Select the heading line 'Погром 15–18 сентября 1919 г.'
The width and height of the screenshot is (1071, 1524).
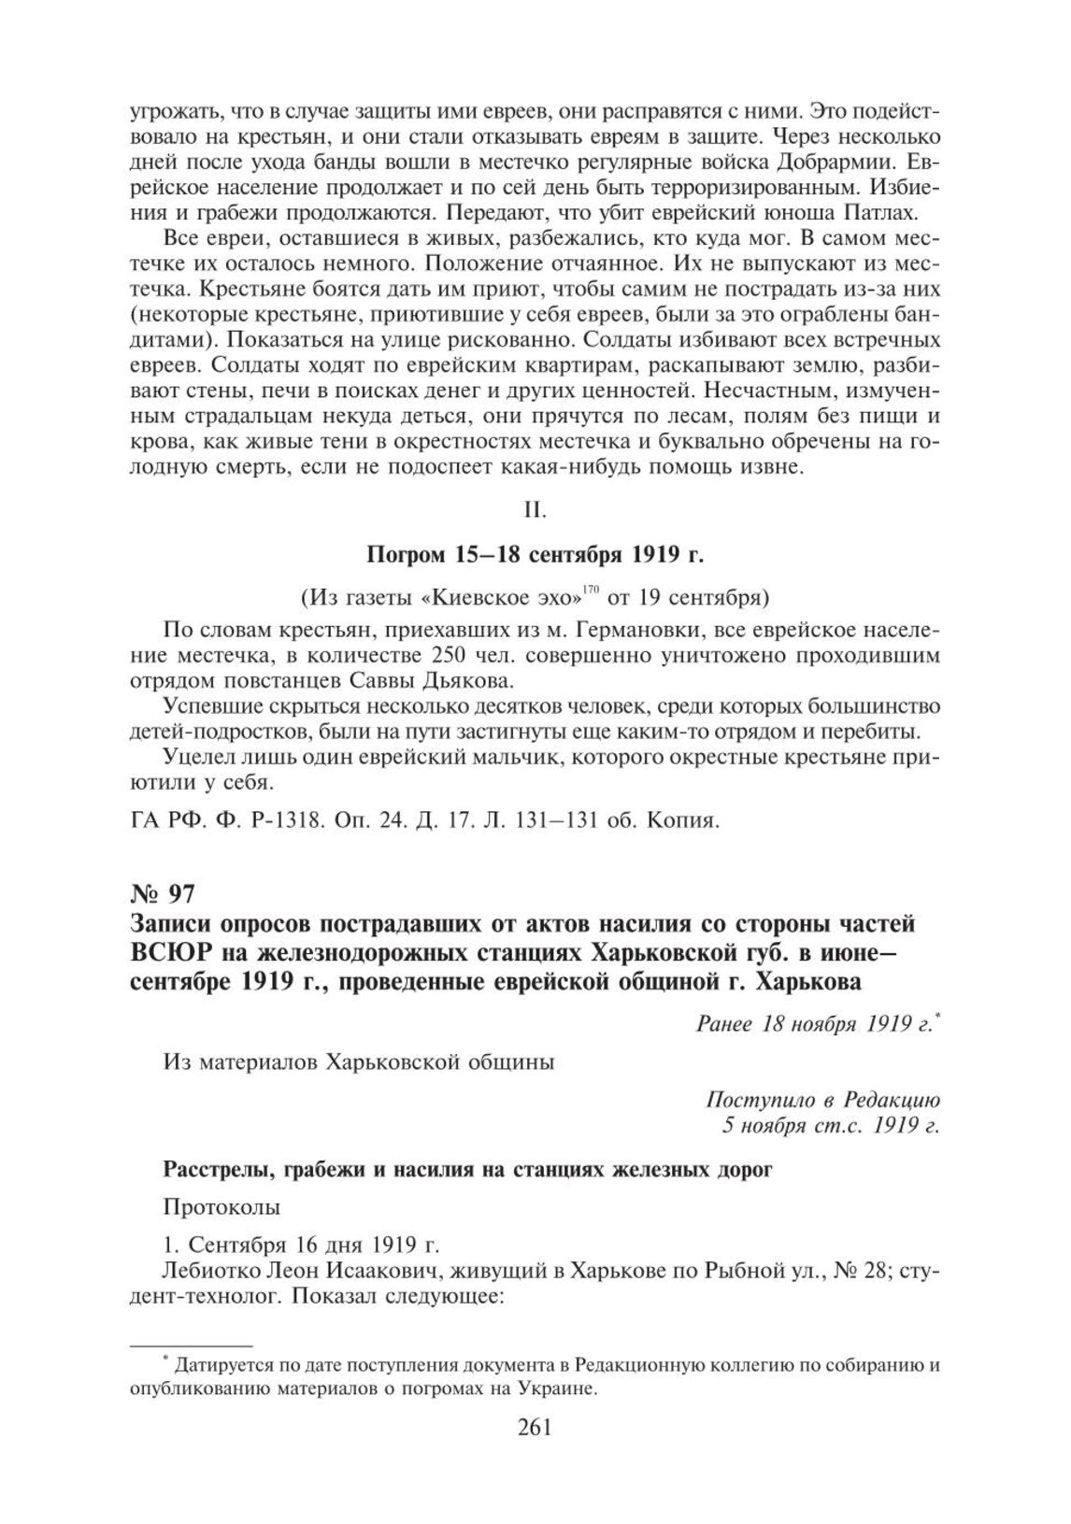point(535,555)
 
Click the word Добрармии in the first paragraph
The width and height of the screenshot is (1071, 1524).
point(841,160)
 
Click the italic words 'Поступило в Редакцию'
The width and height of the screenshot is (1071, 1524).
point(822,1099)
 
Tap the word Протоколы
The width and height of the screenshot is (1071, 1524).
point(221,1206)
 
